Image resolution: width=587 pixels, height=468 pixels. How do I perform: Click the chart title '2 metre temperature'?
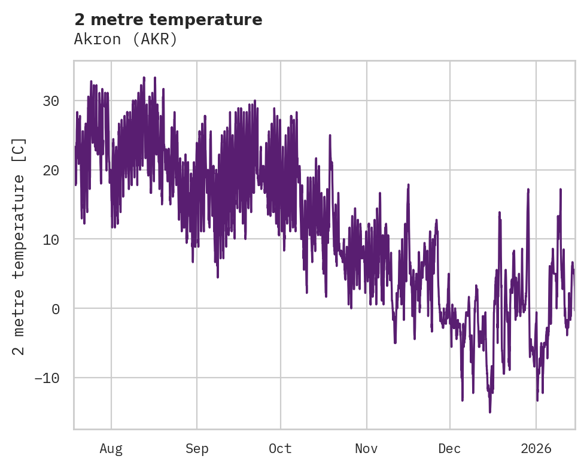click(168, 20)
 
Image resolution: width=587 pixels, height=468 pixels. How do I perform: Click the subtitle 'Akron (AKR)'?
click(126, 39)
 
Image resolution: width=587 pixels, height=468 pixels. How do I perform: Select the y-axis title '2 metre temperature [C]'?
click(20, 246)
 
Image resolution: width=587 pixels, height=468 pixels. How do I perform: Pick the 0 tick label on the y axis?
click(55, 309)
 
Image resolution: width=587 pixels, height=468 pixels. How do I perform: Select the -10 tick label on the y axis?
click(46, 378)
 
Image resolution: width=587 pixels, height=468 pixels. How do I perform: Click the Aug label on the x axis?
click(111, 449)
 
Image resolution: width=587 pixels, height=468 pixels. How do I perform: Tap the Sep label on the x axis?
click(196, 449)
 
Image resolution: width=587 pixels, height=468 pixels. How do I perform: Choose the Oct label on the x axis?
click(280, 449)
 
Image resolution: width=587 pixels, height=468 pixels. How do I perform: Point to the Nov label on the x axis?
click(366, 449)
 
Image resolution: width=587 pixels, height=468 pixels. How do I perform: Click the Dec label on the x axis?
click(449, 449)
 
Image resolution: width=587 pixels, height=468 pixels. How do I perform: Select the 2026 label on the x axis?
click(536, 449)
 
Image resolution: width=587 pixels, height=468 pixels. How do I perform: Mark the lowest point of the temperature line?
click(490, 412)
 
